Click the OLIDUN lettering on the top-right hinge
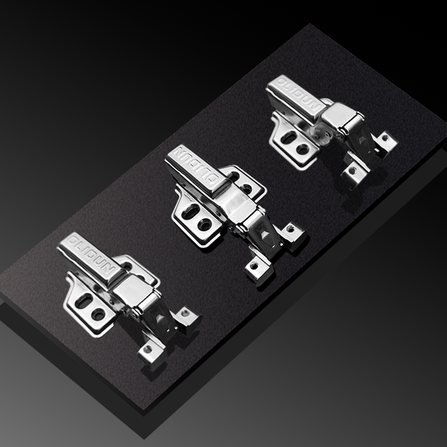(298, 95)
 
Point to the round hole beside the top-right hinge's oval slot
(303, 149)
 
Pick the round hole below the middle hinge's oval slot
(205, 225)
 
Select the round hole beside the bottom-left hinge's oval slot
(98, 314)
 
